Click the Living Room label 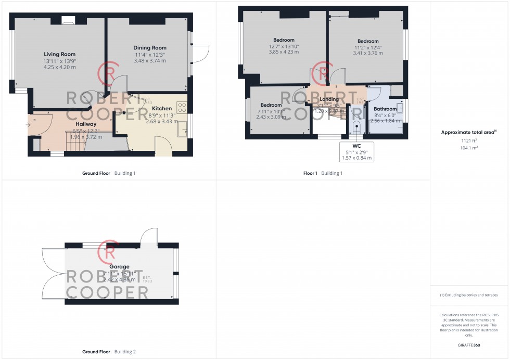(59, 54)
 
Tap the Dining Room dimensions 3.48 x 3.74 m (149, 61)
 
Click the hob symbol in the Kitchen (182, 107)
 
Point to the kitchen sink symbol (182, 128)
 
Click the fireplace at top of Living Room (68, 21)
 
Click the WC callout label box (356, 151)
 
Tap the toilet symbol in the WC (356, 127)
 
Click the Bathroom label (385, 109)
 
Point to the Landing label (329, 99)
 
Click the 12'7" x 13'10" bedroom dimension (284, 46)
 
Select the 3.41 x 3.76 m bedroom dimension (368, 53)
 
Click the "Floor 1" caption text (309, 173)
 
